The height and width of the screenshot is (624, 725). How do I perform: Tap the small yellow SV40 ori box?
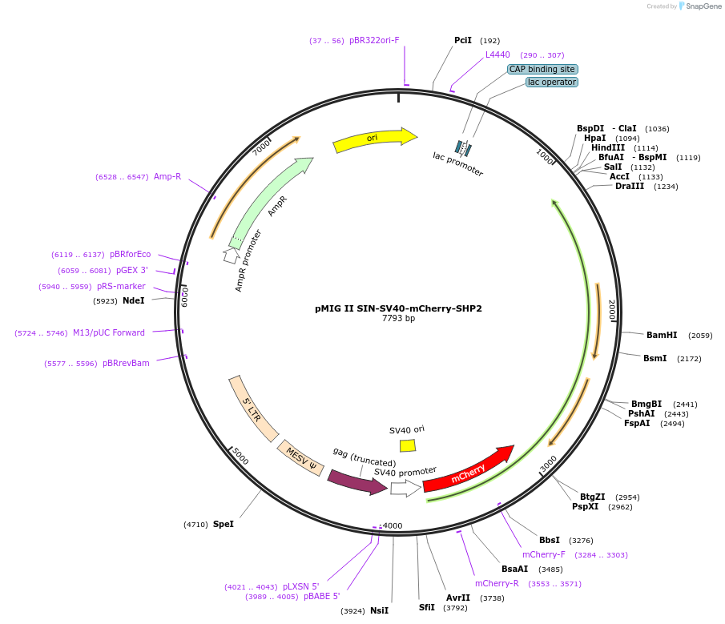point(408,445)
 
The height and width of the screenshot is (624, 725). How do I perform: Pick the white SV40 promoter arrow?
point(405,489)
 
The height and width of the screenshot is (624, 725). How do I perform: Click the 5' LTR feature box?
point(253,409)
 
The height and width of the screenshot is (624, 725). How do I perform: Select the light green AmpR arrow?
point(269,201)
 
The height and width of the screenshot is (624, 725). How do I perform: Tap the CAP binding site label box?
point(542,70)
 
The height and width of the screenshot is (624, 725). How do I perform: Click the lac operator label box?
point(552,83)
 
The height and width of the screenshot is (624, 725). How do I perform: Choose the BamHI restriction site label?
point(662,335)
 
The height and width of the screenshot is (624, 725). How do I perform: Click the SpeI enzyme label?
point(224,524)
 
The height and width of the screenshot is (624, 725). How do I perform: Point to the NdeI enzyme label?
point(134,300)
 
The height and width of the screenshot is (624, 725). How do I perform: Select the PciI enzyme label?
point(463,40)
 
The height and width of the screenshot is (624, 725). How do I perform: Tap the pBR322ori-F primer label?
point(374,40)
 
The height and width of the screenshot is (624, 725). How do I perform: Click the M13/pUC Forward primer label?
point(109,332)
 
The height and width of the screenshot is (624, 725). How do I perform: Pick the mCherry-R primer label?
point(497,583)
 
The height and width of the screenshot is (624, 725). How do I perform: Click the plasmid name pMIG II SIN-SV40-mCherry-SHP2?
point(398,308)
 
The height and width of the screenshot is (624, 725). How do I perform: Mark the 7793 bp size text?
point(398,319)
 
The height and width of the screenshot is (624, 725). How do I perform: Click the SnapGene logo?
point(698,6)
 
